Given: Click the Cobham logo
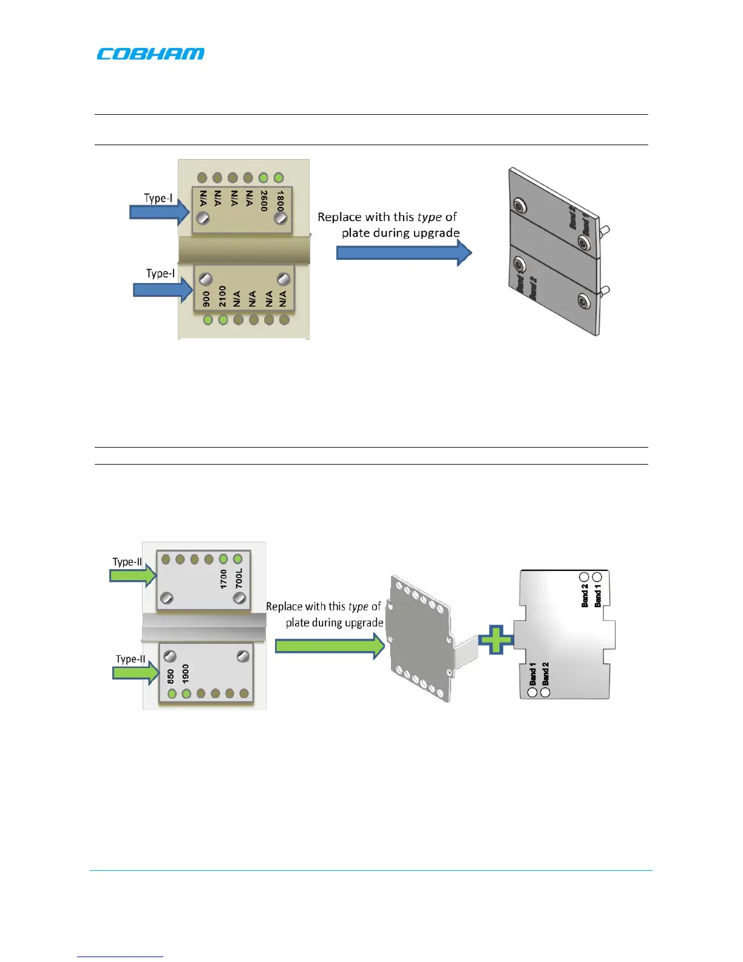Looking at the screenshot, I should click(151, 54).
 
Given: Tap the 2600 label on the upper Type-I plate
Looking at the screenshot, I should click(264, 201).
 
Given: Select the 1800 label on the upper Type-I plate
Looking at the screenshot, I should click(280, 200).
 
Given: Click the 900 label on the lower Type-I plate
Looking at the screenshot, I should click(206, 299).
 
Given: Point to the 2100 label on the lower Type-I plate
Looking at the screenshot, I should click(223, 296).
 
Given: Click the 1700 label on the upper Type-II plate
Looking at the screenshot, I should click(223, 579).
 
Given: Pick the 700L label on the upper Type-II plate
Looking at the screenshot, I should click(239, 578).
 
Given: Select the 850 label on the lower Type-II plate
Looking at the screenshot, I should click(171, 676).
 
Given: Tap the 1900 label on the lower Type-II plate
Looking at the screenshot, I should click(186, 674).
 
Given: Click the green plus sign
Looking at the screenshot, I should click(496, 640).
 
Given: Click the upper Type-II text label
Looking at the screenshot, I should click(127, 562).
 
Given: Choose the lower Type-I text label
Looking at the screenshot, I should click(160, 273).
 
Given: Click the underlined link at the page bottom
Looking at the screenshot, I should click(120, 957).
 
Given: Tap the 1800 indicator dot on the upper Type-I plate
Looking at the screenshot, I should click(279, 178).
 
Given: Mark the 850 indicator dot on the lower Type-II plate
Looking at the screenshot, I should click(172, 694).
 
